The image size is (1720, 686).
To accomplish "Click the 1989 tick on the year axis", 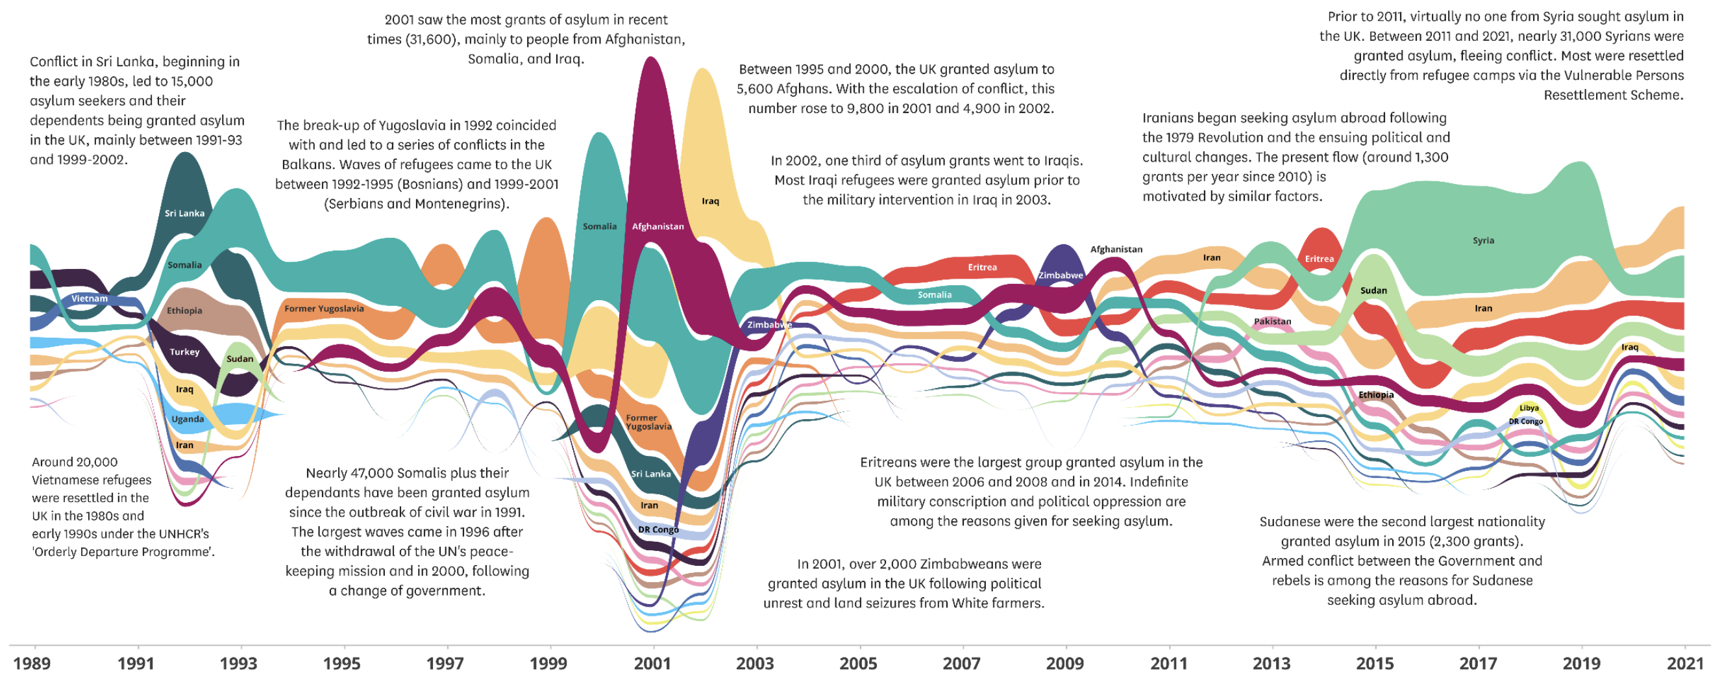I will tap(31, 663).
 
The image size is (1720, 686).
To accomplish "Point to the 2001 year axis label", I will tap(652, 663).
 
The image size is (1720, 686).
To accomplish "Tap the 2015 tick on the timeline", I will tap(1375, 663).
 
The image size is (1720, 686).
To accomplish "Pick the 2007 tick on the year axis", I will tap(962, 663).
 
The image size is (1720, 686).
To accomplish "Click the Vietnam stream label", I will tap(90, 299).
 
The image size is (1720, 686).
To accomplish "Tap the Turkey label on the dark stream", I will tap(184, 352).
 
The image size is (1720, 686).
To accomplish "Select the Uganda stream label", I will tap(188, 420).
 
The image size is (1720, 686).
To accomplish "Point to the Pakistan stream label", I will tap(1272, 322).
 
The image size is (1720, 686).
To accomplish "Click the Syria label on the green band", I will tap(1483, 240).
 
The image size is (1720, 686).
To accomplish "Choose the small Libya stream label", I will tap(1529, 408).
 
